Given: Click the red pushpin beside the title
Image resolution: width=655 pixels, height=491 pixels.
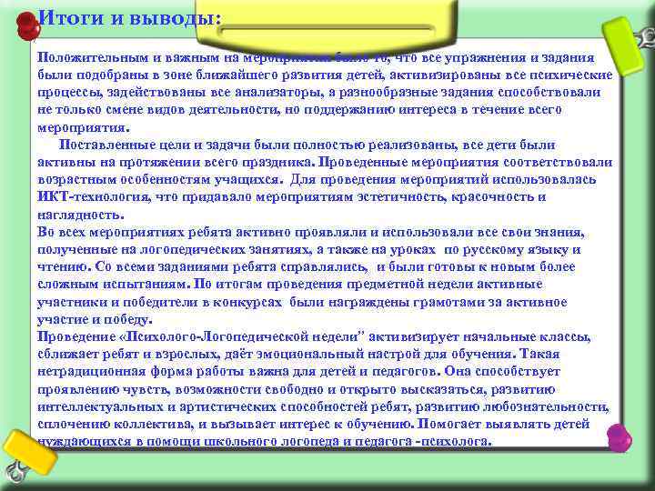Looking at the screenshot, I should click(26, 25).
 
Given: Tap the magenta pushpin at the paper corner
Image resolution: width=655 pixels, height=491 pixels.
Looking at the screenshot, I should click(620, 436).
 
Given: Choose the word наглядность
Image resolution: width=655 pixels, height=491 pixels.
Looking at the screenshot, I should click(79, 215).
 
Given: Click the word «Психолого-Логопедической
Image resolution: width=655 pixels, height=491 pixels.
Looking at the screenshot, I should click(199, 336).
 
